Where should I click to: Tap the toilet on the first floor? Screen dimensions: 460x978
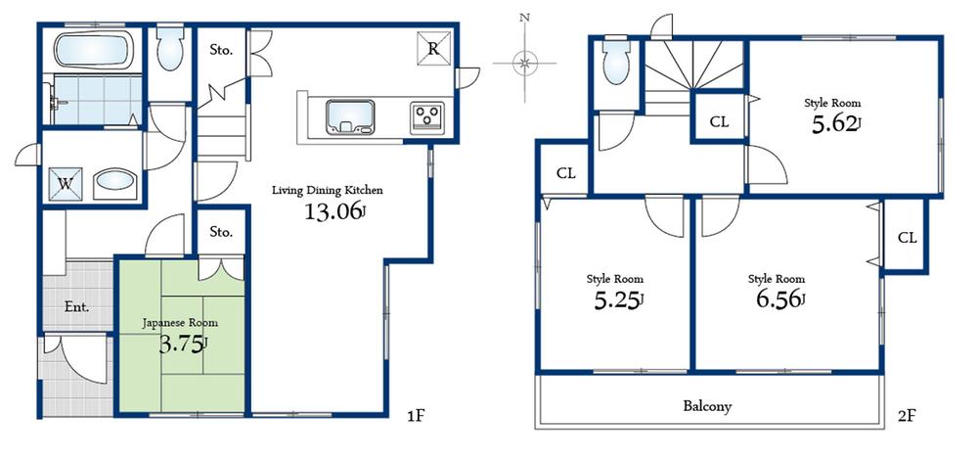169,48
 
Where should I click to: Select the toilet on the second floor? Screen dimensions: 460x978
615,62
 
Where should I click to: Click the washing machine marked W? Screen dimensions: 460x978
67,182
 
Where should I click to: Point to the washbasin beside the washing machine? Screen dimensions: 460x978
115,183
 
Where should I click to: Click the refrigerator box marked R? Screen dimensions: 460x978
431,48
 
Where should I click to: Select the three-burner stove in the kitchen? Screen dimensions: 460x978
427,116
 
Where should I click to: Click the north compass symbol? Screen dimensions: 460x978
525,63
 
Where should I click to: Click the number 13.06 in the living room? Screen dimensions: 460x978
335,212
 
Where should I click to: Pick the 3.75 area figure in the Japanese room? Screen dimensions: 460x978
183,343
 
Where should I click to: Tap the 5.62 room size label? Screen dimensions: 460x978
832,123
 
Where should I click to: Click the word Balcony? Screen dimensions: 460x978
710,405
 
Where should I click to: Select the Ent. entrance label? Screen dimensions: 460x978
77,306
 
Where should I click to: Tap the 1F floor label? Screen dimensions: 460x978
416,416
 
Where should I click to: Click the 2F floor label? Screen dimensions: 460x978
905,416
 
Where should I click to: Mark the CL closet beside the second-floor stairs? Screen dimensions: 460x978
719,122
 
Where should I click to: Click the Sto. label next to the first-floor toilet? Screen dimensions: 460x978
221,49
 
